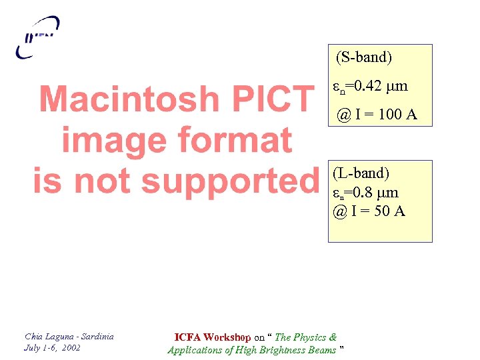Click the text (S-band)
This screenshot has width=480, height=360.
click(x=364, y=57)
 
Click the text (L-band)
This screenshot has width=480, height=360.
click(x=361, y=173)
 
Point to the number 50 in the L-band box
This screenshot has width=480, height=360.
click(x=382, y=212)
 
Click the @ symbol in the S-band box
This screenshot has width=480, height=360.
click(x=343, y=115)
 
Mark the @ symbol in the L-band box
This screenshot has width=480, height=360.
click(x=339, y=212)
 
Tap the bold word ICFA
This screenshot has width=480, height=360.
click(x=187, y=337)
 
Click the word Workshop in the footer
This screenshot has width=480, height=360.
click(x=227, y=337)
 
